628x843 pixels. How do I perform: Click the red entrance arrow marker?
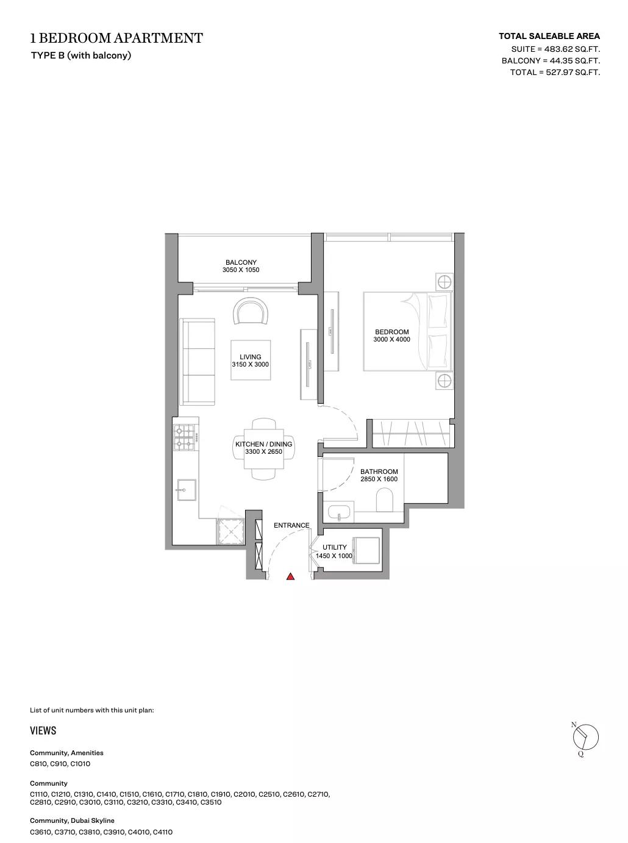pos(291,576)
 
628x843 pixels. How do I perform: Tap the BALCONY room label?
pos(241,262)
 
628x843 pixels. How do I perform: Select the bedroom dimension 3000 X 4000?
pos(391,339)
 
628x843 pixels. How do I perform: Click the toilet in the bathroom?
pos(385,500)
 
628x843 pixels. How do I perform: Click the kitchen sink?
pos(187,490)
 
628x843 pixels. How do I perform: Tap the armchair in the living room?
pos(251,311)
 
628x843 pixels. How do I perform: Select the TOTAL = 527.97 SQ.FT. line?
pos(555,72)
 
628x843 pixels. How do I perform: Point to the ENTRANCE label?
pos(291,525)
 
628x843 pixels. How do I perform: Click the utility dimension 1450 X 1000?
pos(334,556)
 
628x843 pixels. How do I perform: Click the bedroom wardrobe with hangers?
pos(411,433)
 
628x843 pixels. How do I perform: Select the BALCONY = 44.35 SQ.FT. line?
pos(551,60)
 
